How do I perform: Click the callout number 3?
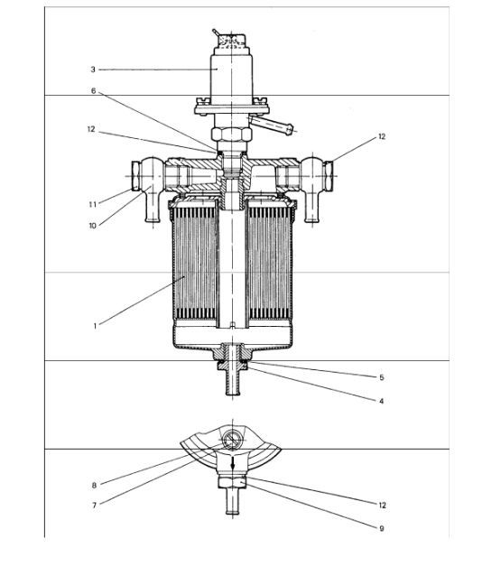92,69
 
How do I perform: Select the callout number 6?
92,91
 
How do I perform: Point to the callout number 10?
92,225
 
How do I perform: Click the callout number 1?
94,326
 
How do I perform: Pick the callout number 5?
382,376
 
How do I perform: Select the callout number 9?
382,528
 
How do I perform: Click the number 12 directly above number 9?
380,503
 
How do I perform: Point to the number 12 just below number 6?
92,129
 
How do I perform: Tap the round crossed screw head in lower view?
231,442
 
